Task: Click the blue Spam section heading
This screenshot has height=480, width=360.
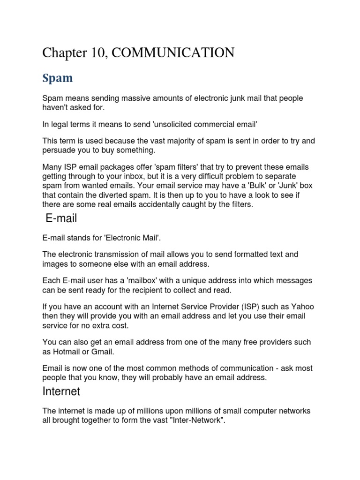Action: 57,78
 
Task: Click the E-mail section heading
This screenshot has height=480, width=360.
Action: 61,218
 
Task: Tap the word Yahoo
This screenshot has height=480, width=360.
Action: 302,307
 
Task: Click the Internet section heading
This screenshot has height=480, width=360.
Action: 61,391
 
